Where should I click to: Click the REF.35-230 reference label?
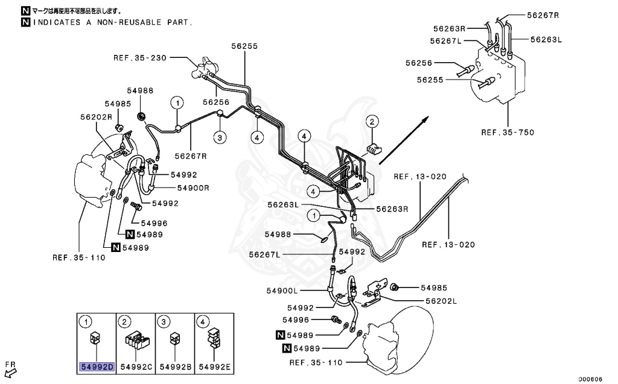139,58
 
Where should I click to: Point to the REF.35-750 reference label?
508,132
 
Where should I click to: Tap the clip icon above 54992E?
212,339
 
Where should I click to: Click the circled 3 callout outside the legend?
221,138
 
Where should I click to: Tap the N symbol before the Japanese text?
25,11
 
